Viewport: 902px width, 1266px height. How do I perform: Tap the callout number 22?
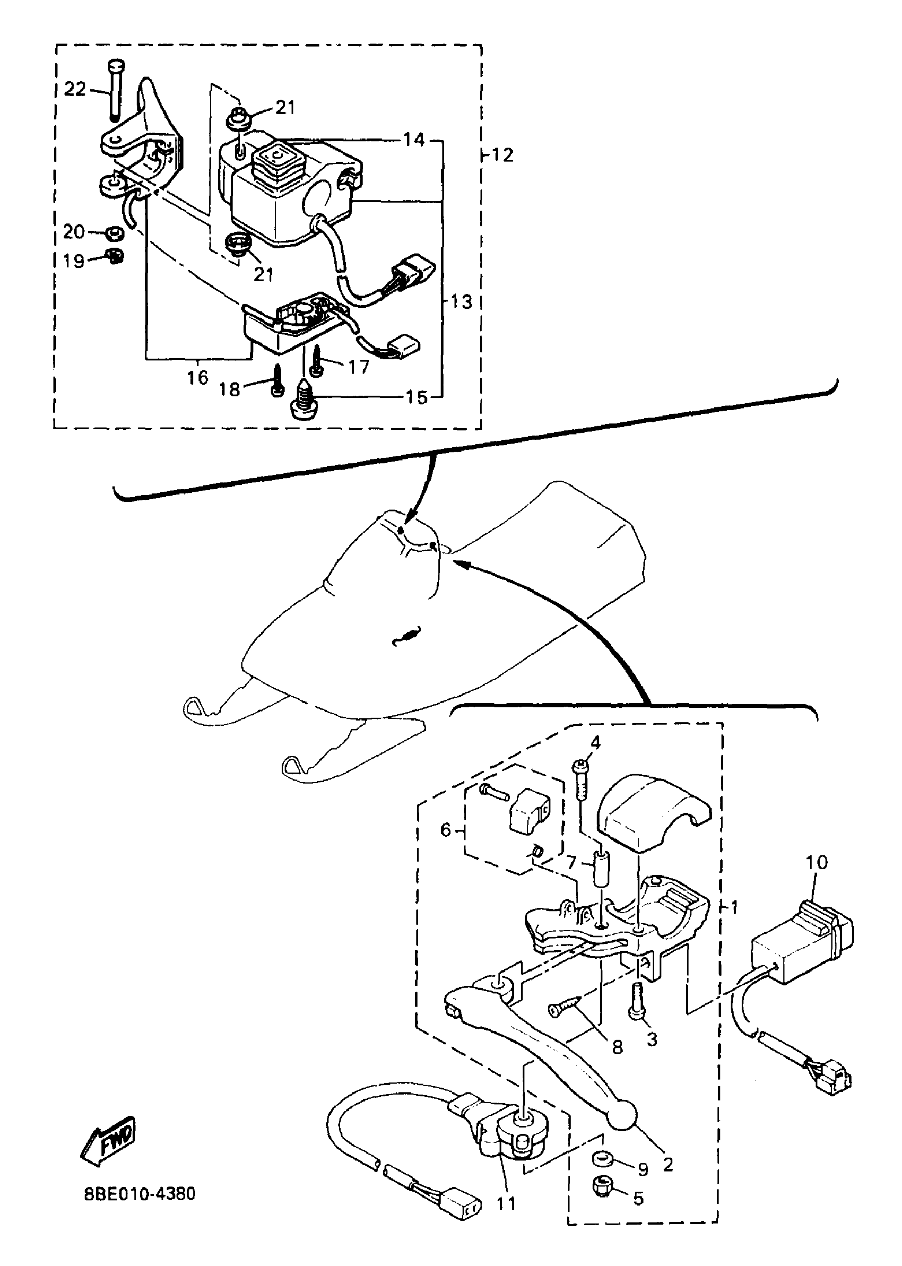pos(75,89)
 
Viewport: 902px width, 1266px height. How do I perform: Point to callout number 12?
pos(502,155)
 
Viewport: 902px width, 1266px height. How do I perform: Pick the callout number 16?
pos(197,378)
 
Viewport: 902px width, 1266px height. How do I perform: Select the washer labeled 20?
pos(115,232)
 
